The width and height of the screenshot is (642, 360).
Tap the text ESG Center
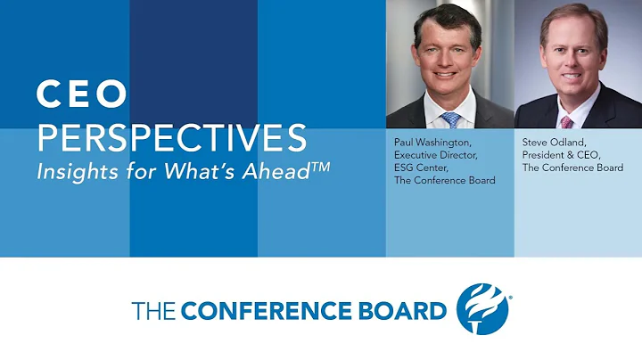(421, 168)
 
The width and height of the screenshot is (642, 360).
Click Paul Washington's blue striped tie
(451, 119)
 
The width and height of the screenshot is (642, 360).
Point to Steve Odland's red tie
(566, 121)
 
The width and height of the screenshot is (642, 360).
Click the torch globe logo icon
(481, 308)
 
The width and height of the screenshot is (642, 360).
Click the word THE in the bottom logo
(153, 311)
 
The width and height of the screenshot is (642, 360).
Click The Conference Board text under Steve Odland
(572, 168)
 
